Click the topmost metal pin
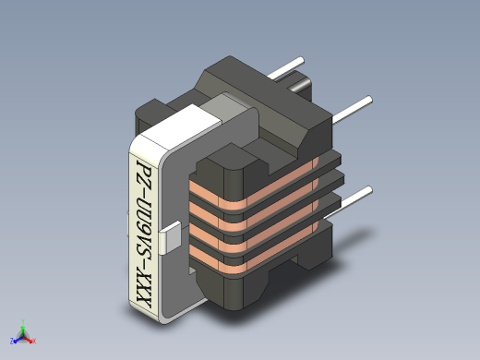click(x=285, y=67)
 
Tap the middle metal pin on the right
click(x=353, y=110)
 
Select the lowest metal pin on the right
click(x=349, y=202)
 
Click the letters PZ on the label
click(x=144, y=174)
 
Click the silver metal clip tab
click(x=170, y=237)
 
